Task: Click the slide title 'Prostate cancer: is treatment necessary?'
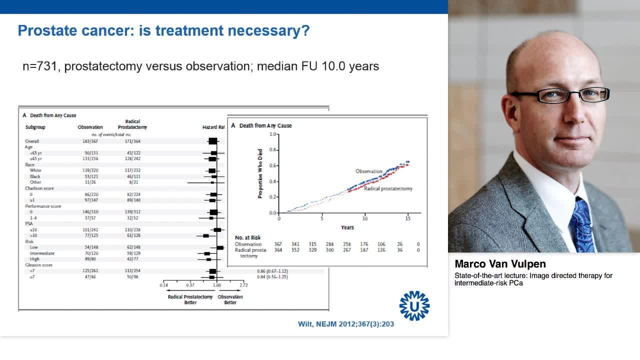pyautogui.click(x=163, y=31)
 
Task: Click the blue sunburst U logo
pyautogui.click(x=414, y=305)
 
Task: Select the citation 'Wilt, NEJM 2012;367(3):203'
pyautogui.click(x=346, y=324)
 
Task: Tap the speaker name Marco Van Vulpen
pyautogui.click(x=500, y=264)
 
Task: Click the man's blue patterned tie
pyautogui.click(x=582, y=225)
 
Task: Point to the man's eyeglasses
pyautogui.click(x=560, y=95)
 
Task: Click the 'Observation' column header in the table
pyautogui.click(x=90, y=127)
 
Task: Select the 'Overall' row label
pyautogui.click(x=32, y=141)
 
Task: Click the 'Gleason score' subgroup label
pyautogui.click(x=39, y=265)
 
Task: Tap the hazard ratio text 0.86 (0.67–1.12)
pyautogui.click(x=272, y=271)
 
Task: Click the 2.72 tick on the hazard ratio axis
pyautogui.click(x=243, y=285)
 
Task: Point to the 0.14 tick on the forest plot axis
pyautogui.click(x=164, y=285)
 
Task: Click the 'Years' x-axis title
pyautogui.click(x=347, y=227)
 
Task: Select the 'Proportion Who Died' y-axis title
pyautogui.click(x=260, y=173)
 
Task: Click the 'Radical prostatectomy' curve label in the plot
pyautogui.click(x=388, y=188)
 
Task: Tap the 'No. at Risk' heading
pyautogui.click(x=247, y=237)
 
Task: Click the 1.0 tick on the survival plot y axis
pyautogui.click(x=272, y=134)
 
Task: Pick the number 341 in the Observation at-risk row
pyautogui.click(x=295, y=244)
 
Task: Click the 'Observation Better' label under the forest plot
pyautogui.click(x=230, y=299)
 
